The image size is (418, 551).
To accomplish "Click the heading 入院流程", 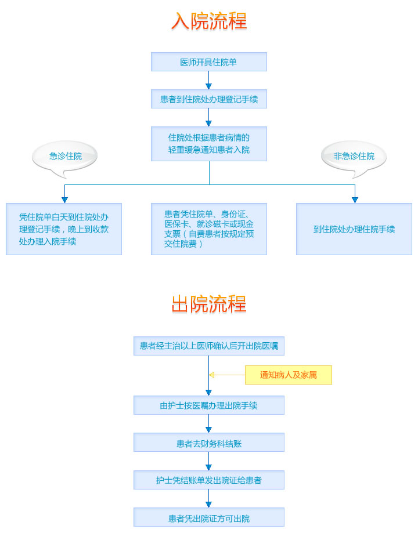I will [x=209, y=21].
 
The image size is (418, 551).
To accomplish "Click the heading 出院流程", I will [x=209, y=303].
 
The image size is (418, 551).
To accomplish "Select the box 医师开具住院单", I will [x=209, y=62].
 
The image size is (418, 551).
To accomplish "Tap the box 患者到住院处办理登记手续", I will [x=209, y=99].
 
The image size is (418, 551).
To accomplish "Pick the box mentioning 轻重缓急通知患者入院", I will [x=209, y=144].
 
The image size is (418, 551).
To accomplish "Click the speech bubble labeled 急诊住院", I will [x=65, y=156].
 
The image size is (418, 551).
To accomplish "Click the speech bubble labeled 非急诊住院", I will [x=354, y=156].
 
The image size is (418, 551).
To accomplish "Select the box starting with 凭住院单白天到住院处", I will [x=64, y=229].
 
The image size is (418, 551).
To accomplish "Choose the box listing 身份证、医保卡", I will [x=209, y=229].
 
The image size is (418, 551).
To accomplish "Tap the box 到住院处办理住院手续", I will [x=354, y=229].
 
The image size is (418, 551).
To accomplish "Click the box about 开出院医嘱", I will [x=209, y=346].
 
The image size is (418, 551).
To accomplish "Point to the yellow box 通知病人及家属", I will [x=288, y=375].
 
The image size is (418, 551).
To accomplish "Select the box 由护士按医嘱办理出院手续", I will [x=209, y=405].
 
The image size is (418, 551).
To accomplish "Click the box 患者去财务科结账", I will [x=209, y=443].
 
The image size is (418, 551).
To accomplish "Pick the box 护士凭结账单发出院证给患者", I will [x=209, y=480].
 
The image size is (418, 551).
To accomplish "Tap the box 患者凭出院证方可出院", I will [x=209, y=517].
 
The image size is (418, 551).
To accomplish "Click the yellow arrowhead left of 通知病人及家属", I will [x=212, y=375].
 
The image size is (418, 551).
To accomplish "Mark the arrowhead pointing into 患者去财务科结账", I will [x=209, y=430].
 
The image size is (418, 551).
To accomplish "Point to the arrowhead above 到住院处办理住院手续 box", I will [x=355, y=200].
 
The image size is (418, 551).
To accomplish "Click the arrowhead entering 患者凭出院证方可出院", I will [x=209, y=505].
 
